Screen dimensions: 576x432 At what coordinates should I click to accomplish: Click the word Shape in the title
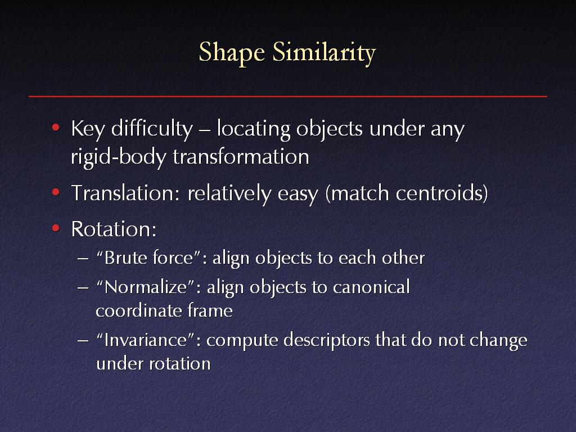coord(232,52)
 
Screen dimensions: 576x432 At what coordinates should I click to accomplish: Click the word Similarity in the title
coord(324,52)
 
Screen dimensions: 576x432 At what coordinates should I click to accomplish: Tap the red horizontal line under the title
coord(288,97)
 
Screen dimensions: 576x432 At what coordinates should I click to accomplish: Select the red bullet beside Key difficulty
coord(56,128)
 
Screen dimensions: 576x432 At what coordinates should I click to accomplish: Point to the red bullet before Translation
coord(56,192)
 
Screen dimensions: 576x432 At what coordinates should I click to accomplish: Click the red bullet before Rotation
coord(56,228)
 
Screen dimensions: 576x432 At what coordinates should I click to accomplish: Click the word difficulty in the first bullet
coord(152,129)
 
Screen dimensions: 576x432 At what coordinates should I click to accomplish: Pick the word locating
coord(254,129)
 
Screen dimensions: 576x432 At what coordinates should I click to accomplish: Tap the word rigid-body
coord(119,157)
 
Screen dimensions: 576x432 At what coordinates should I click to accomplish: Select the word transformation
coord(241,156)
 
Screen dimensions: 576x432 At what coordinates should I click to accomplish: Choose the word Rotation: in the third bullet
coord(114,229)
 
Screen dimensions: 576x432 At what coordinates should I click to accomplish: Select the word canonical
coord(371,287)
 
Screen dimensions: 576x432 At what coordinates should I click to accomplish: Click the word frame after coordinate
coord(210,310)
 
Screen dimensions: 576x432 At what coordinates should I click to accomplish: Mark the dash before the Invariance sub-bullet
coord(83,340)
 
